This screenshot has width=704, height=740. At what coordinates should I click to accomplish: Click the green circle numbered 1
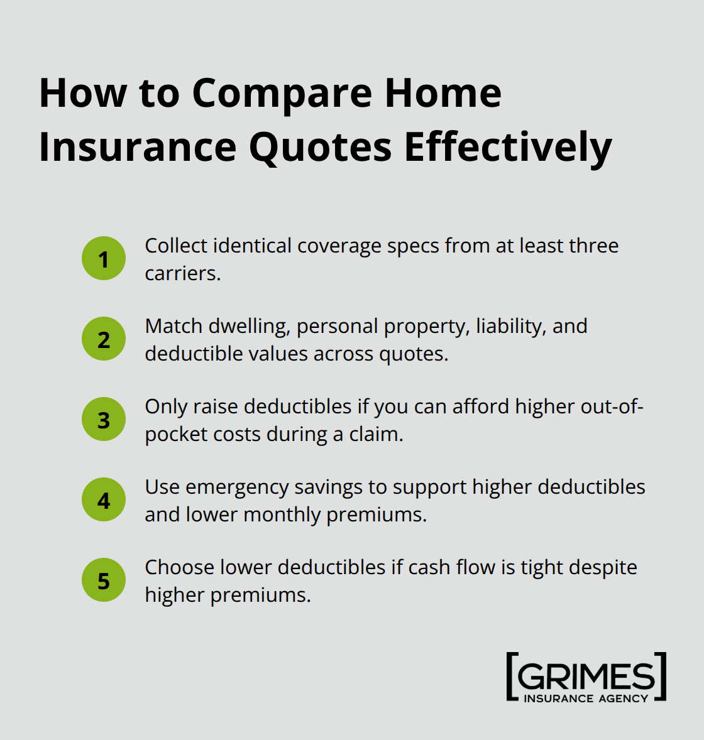point(104,259)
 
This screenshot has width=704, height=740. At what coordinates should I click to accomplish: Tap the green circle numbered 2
point(104,339)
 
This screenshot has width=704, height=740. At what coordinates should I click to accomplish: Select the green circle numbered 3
point(104,420)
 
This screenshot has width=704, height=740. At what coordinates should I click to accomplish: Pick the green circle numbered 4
point(104,500)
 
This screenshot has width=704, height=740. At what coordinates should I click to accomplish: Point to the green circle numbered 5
point(104,580)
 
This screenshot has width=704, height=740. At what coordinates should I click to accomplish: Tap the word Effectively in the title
point(508,148)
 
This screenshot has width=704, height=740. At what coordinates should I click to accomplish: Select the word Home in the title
point(443,93)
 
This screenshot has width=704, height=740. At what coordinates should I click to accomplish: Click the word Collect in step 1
point(176,246)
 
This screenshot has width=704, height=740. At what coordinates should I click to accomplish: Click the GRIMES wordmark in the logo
point(586,676)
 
